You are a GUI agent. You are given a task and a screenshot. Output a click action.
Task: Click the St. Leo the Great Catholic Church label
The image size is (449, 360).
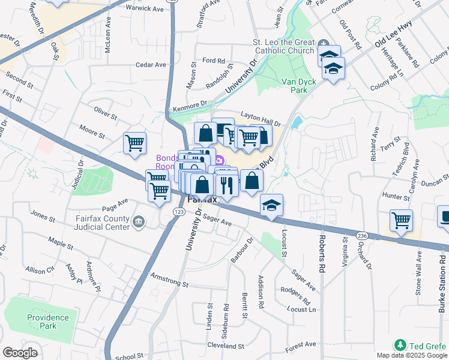(x=285, y=47)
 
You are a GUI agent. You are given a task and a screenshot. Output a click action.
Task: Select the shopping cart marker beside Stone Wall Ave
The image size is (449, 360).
(x=400, y=220)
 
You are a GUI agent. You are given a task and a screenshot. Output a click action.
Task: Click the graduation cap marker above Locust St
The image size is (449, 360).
(x=271, y=205)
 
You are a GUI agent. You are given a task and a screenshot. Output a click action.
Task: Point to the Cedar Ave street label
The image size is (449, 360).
(x=151, y=65)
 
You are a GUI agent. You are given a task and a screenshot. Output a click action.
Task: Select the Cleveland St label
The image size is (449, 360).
(x=224, y=346)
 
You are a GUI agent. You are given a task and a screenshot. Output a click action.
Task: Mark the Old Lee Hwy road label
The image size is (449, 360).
(x=393, y=41)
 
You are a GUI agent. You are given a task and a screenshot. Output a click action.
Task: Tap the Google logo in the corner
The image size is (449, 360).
(x=20, y=353)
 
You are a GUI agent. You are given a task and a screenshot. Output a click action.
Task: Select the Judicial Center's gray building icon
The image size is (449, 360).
(x=139, y=223)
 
